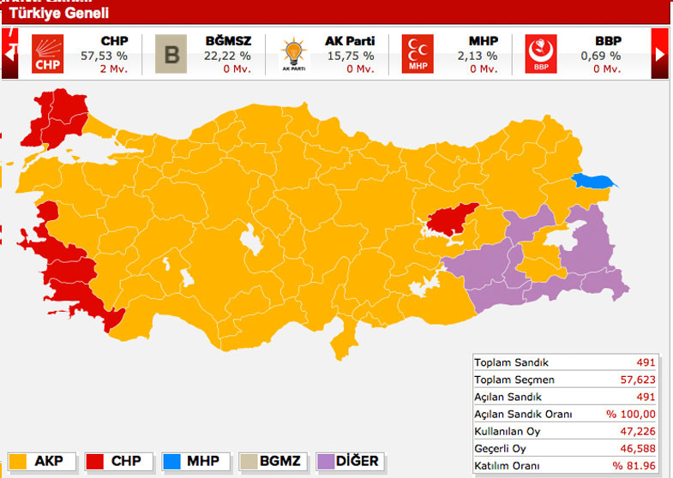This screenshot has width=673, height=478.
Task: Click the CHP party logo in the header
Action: [x=48, y=54]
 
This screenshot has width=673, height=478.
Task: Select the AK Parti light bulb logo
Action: [x=293, y=54]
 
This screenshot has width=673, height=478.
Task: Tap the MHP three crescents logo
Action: [x=418, y=54]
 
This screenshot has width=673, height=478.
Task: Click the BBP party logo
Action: [x=541, y=54]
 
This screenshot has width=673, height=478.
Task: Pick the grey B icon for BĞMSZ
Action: [x=171, y=54]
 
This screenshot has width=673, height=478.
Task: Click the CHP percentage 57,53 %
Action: [x=104, y=56]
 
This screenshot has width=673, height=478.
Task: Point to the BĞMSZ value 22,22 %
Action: [x=227, y=56]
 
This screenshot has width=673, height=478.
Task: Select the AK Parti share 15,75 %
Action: [x=350, y=56]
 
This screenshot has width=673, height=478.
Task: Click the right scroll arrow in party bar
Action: [x=659, y=53]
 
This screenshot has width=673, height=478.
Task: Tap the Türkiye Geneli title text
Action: [x=58, y=13]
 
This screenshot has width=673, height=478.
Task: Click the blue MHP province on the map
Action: [x=594, y=181]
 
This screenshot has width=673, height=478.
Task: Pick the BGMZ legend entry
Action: [x=273, y=461]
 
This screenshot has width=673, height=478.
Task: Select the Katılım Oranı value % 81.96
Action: [x=634, y=466]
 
